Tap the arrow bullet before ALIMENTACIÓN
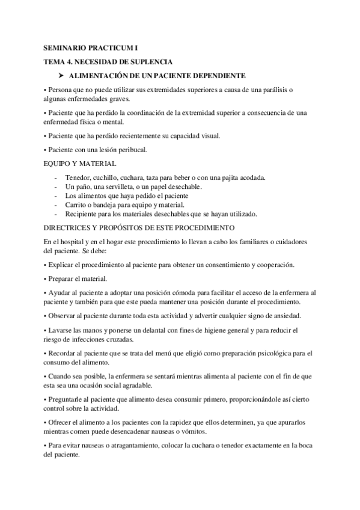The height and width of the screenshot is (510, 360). [x=61, y=76]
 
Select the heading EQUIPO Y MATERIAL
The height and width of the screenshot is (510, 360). [x=80, y=163]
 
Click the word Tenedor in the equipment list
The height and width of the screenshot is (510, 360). [x=78, y=179]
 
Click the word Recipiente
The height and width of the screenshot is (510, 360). [x=82, y=214]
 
